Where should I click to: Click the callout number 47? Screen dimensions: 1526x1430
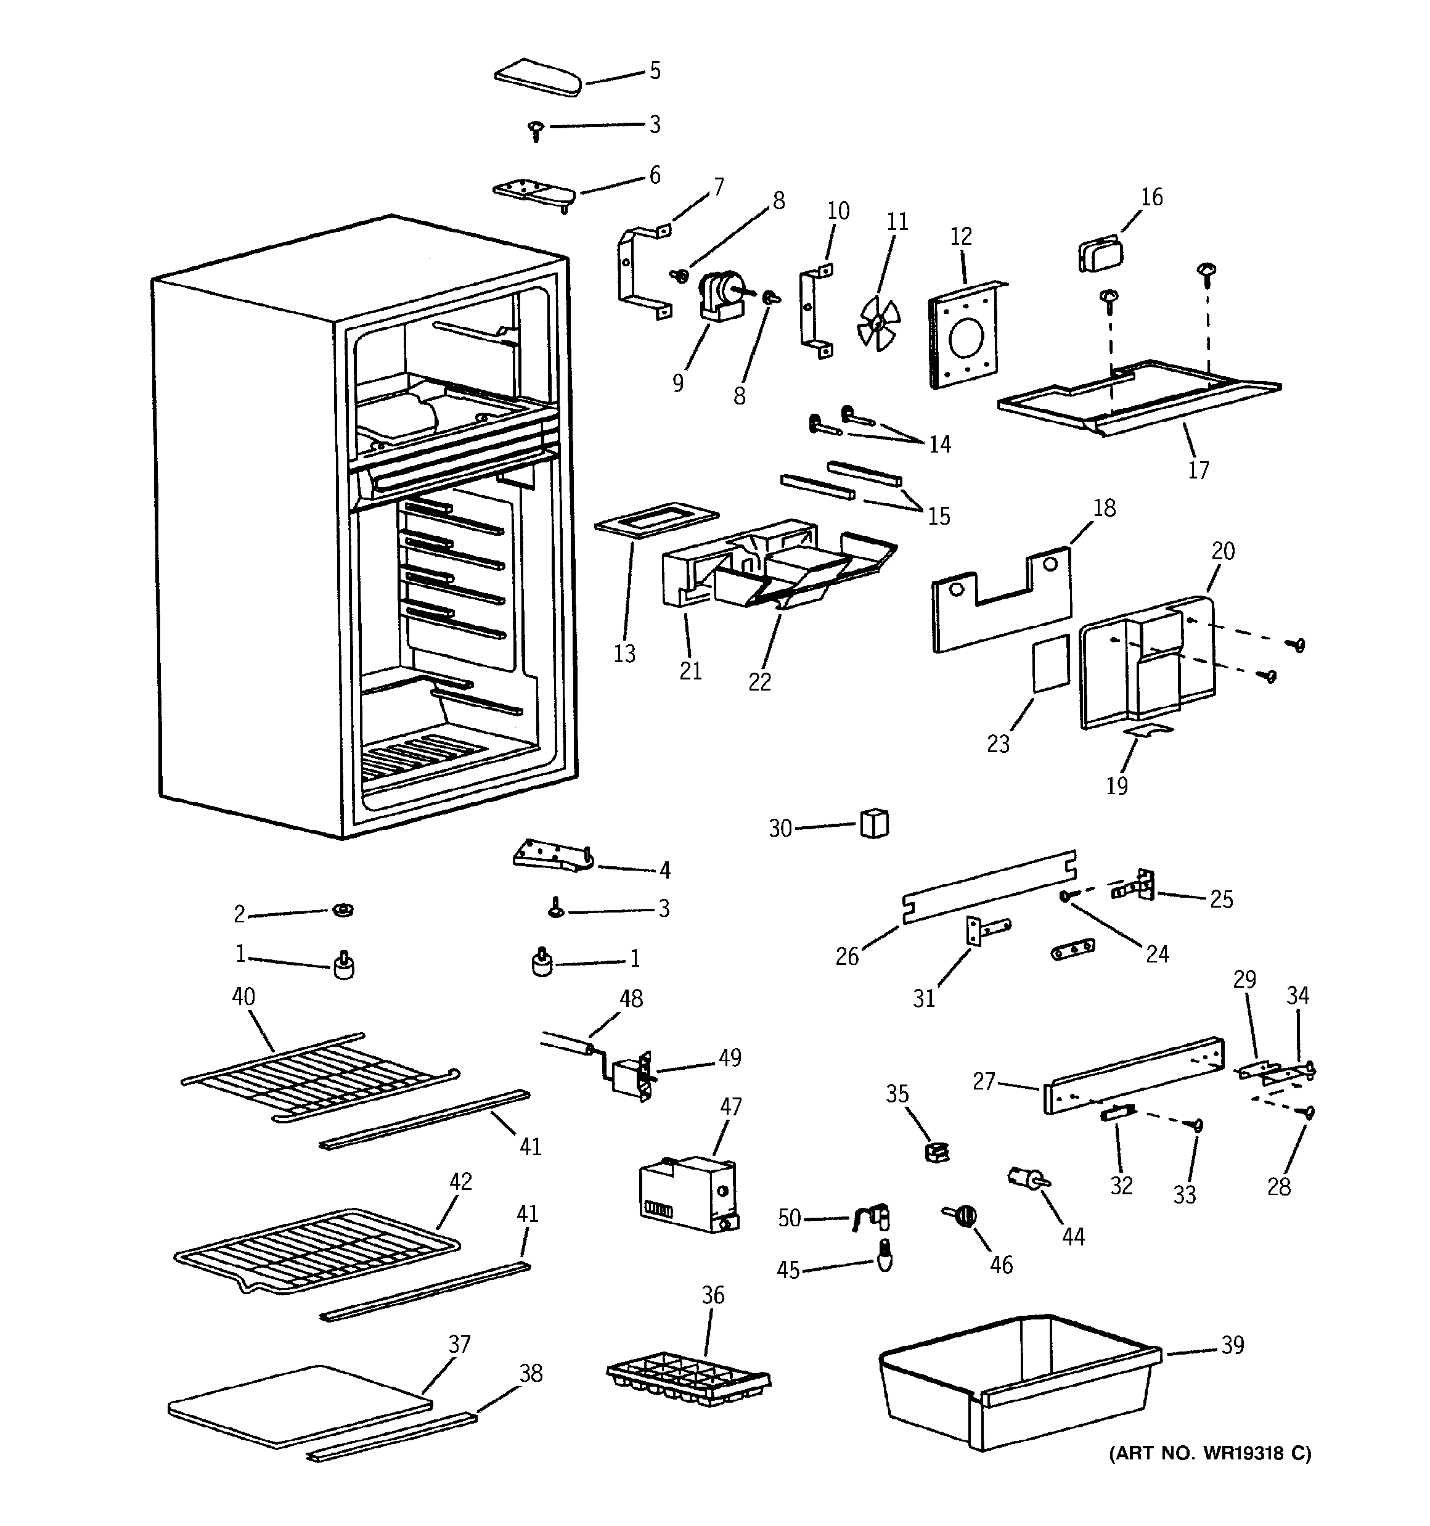coord(731,1106)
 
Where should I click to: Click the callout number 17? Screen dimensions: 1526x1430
coord(1198,470)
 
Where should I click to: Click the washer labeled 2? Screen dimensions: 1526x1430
coord(342,911)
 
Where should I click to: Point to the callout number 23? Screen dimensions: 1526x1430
coord(998,743)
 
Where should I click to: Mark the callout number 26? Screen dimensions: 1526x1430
coord(847,956)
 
